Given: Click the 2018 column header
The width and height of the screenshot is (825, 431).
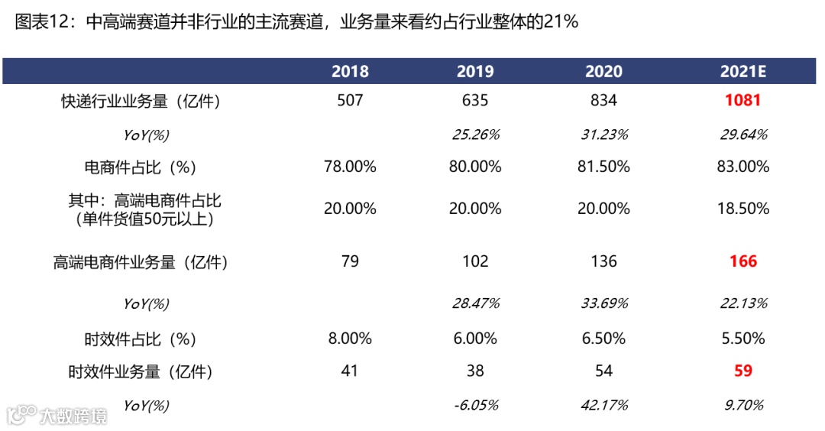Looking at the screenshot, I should point(350,72).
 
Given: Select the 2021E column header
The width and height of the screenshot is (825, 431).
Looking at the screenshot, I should point(742,72).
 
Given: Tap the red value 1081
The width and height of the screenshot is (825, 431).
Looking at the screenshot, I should point(742,100).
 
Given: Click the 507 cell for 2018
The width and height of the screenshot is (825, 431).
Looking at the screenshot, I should point(350,100).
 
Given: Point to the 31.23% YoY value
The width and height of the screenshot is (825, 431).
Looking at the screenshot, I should point(603,134).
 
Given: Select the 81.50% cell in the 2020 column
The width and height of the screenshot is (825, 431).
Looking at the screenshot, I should point(603,167).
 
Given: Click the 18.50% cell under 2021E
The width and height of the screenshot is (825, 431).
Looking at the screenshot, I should point(742,209).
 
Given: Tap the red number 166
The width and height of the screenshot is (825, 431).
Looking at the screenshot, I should point(742,261).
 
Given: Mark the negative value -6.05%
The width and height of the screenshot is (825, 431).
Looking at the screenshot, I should point(475,405).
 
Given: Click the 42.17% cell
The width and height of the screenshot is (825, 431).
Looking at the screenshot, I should point(603,405).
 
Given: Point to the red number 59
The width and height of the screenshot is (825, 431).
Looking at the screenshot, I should point(742,371).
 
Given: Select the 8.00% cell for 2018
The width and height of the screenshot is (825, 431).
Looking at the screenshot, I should point(350,338).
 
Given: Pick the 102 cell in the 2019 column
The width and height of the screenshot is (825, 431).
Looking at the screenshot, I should point(475,261).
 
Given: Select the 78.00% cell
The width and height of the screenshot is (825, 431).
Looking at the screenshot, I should point(350,167).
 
